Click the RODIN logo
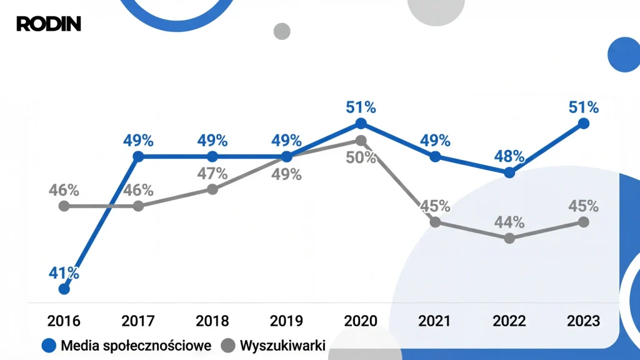point(48,24)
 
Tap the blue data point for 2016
point(64,289)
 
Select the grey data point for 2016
point(64,206)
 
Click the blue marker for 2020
point(361,124)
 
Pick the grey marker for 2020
point(361,141)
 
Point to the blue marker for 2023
point(584,124)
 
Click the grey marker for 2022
point(509,238)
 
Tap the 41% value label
point(64,272)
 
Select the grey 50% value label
point(361,157)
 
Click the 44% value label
point(509,222)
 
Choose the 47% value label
point(212,173)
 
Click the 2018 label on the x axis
point(212,321)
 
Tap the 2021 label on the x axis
point(435,321)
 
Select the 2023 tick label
point(584,321)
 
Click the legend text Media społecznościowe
point(136,346)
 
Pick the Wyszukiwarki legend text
point(282,346)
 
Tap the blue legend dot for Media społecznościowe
point(49,346)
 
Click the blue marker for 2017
point(139,156)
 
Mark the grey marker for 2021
point(436,222)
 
